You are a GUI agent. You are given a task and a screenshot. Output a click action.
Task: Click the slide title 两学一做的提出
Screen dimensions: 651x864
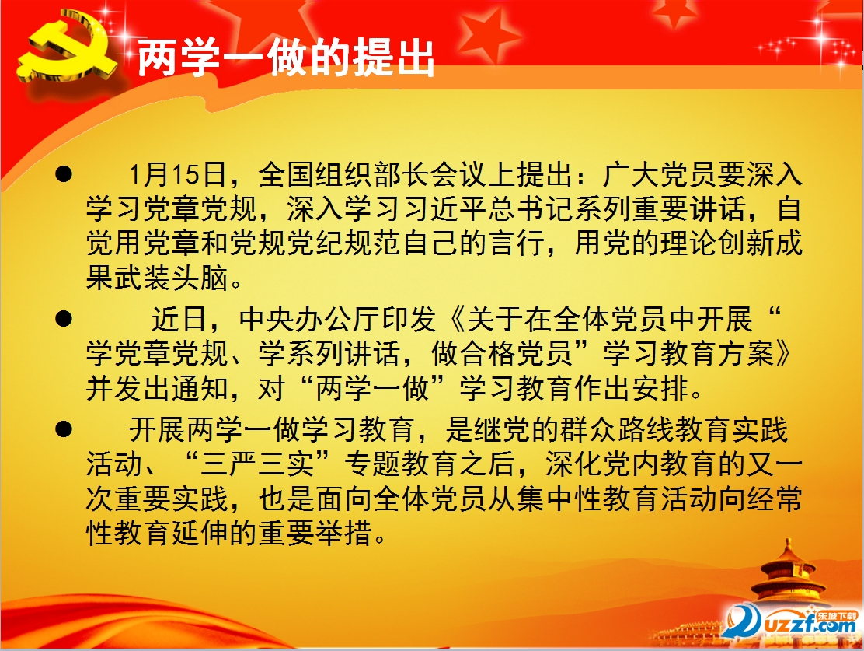(x=285, y=58)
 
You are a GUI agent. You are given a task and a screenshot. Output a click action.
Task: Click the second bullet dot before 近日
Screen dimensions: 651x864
(x=66, y=319)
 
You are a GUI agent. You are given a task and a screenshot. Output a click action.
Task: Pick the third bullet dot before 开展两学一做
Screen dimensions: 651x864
(x=66, y=429)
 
